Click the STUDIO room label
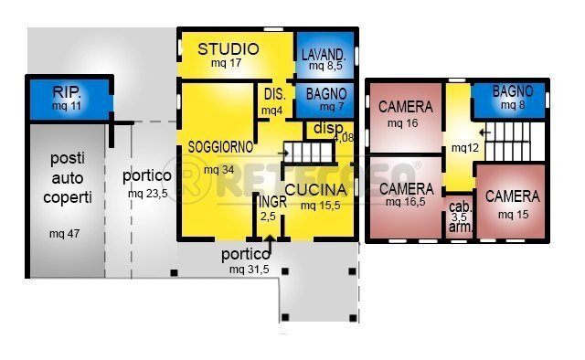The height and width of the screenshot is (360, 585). click(x=229, y=49)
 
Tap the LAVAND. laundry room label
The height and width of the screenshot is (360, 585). click(x=324, y=54)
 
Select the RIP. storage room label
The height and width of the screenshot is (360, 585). click(x=66, y=92)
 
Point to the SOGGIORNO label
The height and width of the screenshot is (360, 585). click(x=220, y=146)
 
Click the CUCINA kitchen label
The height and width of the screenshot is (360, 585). click(x=315, y=190)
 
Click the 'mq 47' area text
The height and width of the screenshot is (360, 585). click(x=64, y=234)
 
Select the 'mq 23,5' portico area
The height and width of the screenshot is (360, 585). click(x=147, y=194)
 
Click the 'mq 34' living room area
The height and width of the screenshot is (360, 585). click(x=218, y=170)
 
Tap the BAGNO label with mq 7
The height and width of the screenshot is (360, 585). click(x=325, y=93)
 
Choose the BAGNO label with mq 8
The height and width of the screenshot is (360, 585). click(x=513, y=91)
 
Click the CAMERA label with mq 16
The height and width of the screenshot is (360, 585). click(x=405, y=107)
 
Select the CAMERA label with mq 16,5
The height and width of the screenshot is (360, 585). click(x=405, y=188)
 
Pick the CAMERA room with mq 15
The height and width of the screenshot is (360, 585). click(x=512, y=196)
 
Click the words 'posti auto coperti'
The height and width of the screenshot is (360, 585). click(x=67, y=178)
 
